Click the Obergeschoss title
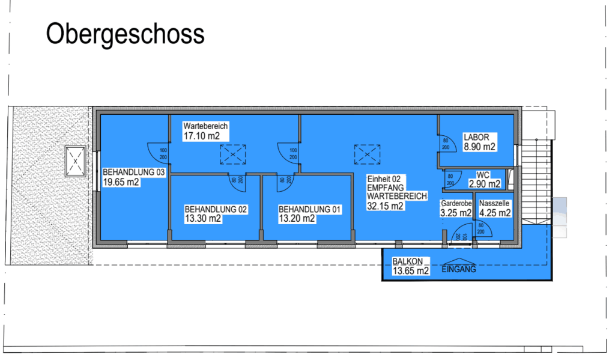[x=125, y=34]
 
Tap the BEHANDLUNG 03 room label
[x=134, y=172]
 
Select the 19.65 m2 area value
[x=121, y=182]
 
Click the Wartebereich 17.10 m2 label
[x=205, y=131]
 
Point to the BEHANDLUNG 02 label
[x=216, y=210]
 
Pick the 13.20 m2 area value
[x=297, y=219]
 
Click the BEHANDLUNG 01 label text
[x=309, y=210]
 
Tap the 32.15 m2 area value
[x=385, y=206]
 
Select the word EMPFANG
[x=385, y=188]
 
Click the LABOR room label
[x=476, y=138]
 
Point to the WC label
[x=483, y=175]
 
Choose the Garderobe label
[x=456, y=203]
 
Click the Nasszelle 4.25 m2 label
[x=495, y=209]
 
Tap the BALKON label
[x=408, y=261]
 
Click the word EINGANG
[x=459, y=269]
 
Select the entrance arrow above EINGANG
[x=459, y=261]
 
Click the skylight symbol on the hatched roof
[x=75, y=161]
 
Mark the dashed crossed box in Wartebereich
[x=233, y=154]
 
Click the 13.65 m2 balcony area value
[x=411, y=271]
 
